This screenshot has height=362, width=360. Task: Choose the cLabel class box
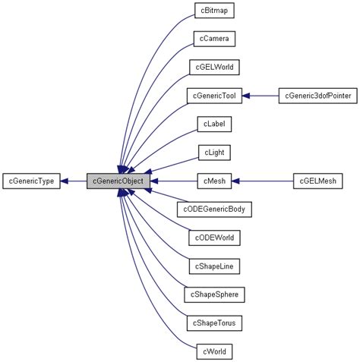click(x=213, y=124)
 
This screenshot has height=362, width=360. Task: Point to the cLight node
click(x=213, y=153)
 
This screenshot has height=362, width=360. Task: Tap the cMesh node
click(x=213, y=181)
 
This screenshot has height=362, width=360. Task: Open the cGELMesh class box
click(x=318, y=181)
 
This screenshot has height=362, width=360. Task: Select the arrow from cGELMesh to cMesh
click(x=262, y=181)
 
